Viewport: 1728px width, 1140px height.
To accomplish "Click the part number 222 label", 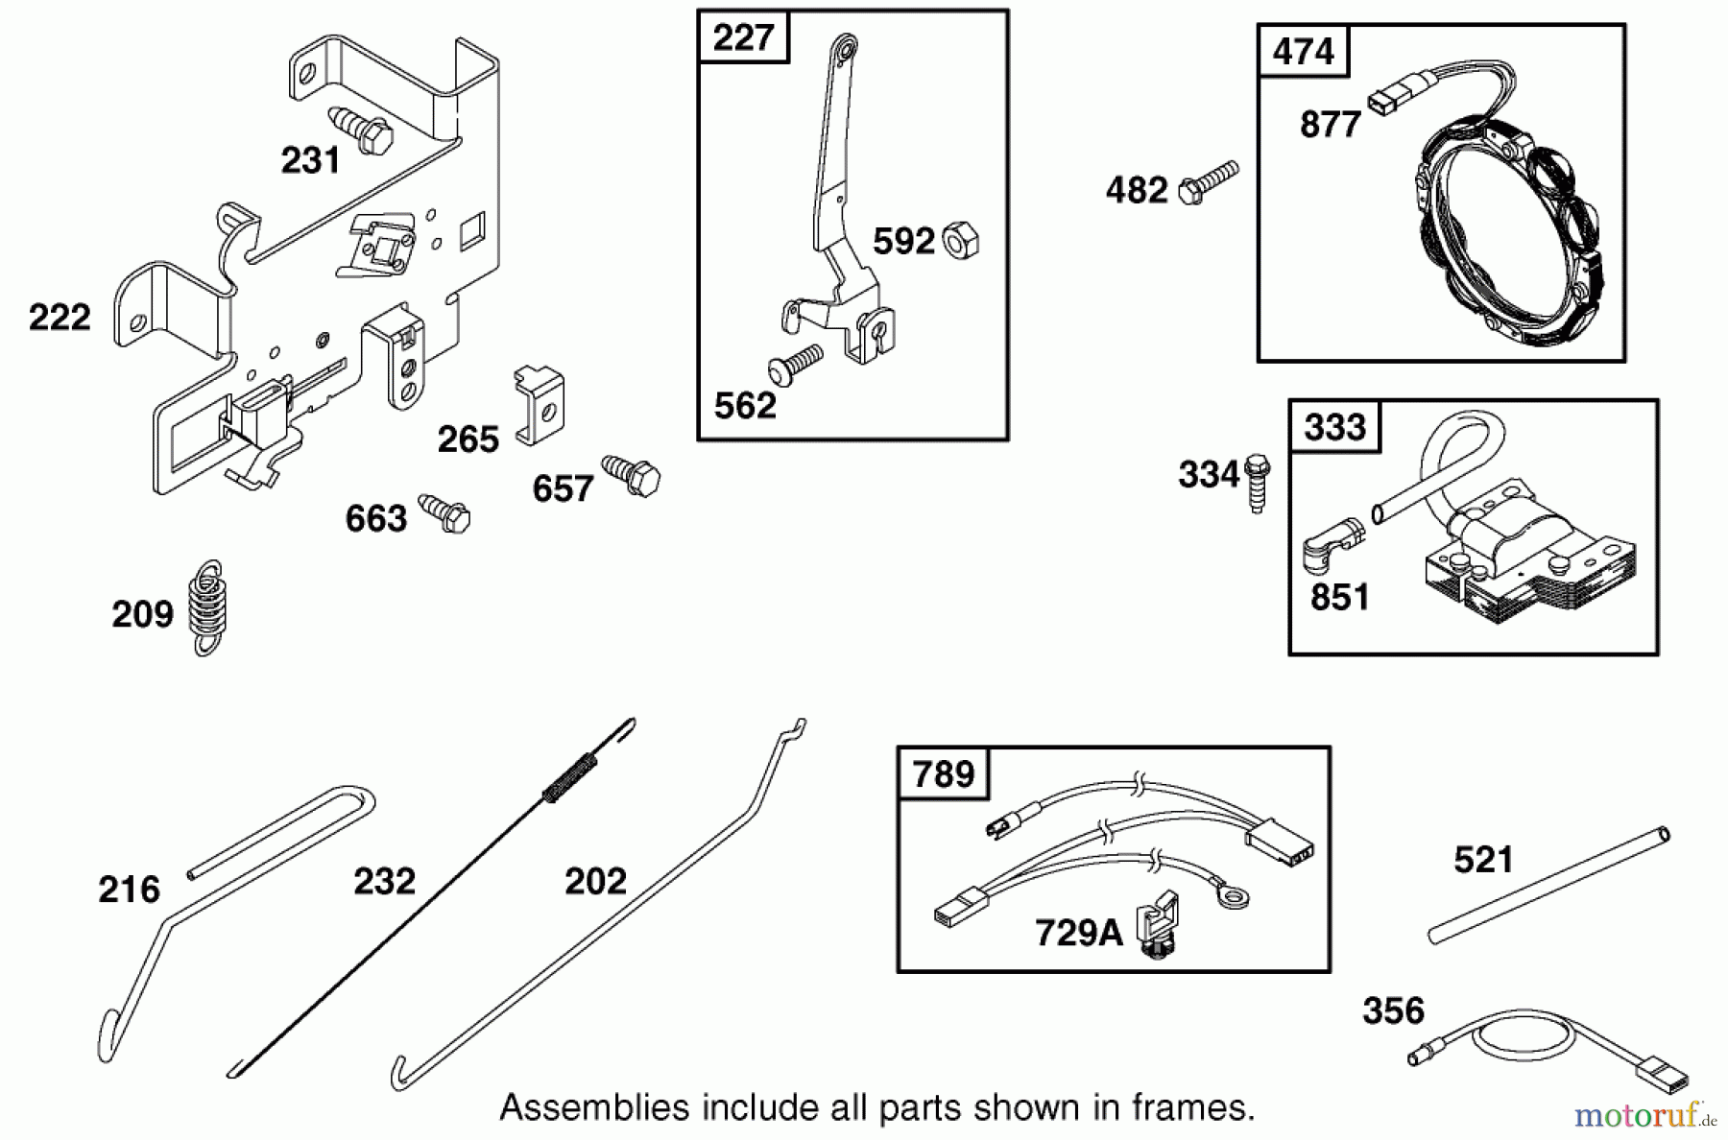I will coord(60,318).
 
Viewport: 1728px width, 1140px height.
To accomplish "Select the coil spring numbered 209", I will coord(207,608).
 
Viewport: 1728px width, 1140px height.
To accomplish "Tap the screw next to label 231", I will coord(362,131).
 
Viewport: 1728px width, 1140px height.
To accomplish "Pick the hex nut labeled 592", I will coord(960,240).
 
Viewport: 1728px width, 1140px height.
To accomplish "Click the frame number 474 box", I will coord(1303,51).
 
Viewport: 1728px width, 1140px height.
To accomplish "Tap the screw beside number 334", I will coord(1257,483).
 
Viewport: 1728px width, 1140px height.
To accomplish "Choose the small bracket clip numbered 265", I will coord(540,404).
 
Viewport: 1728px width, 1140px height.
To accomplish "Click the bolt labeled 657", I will coord(632,474).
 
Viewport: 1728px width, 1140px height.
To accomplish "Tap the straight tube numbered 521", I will coord(1548,884).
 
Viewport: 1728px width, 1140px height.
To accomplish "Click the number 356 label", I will coord(1393,1010).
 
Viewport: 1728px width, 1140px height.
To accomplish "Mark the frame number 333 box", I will coord(1334,427).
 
